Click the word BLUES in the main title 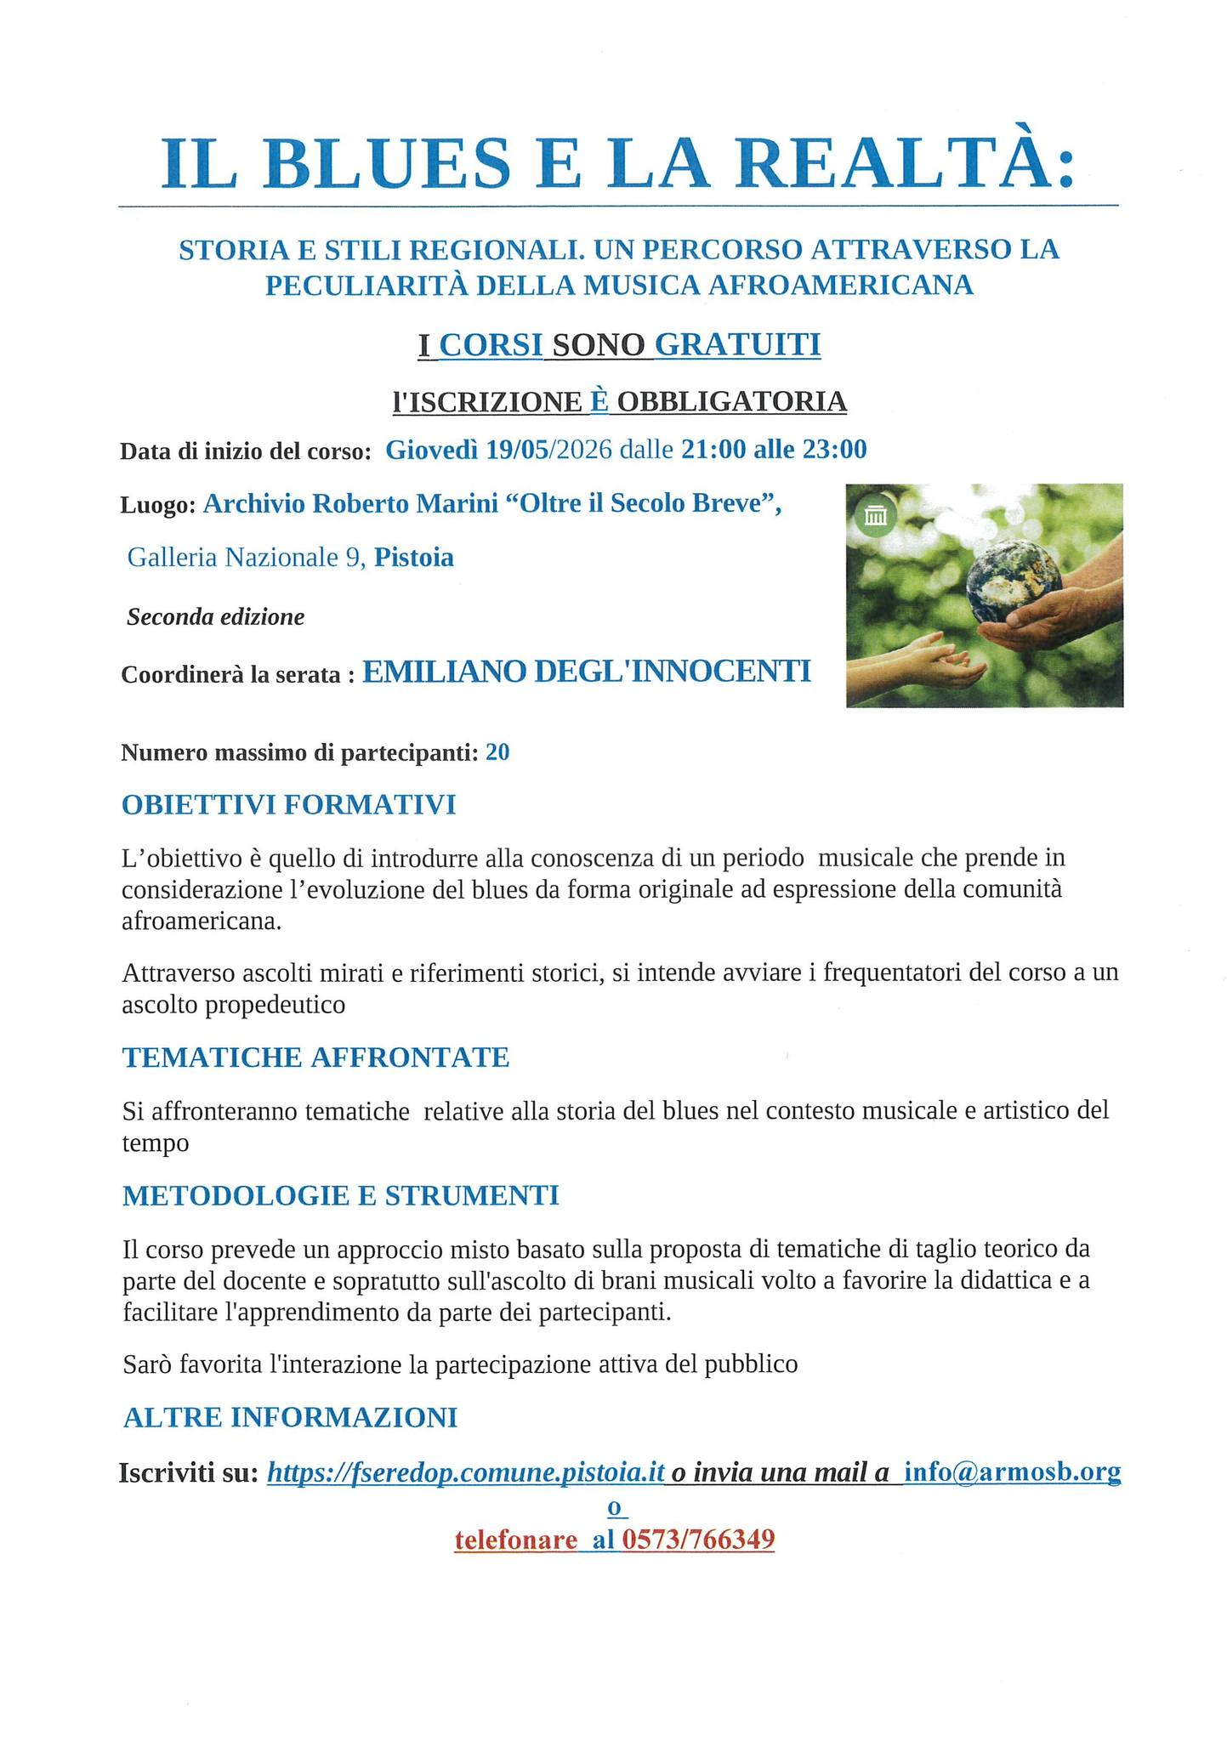click(x=387, y=162)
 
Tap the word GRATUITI click(x=738, y=344)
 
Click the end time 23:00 click(x=834, y=449)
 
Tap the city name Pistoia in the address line click(x=414, y=558)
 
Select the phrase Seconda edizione click(x=215, y=617)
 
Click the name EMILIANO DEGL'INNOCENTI click(x=587, y=672)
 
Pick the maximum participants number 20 click(x=497, y=752)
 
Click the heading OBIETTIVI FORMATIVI click(x=289, y=805)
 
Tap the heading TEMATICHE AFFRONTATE click(x=315, y=1058)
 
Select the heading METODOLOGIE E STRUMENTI click(x=340, y=1196)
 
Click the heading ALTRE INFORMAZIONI click(x=290, y=1418)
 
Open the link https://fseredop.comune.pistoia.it click(x=465, y=1472)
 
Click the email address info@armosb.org click(x=1012, y=1472)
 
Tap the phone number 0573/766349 click(x=698, y=1540)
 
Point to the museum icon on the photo click(x=875, y=515)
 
